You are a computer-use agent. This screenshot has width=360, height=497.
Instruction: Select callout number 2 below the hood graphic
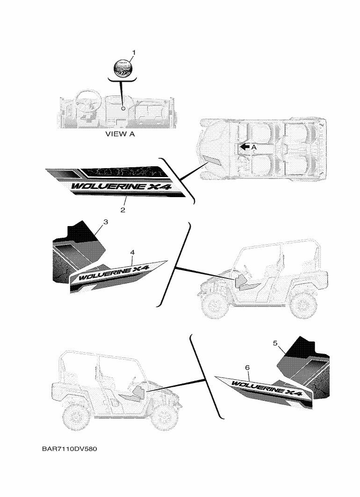click(122, 210)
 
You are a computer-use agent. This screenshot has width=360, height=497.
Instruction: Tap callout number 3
click(106, 222)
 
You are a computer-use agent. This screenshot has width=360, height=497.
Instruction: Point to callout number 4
click(133, 252)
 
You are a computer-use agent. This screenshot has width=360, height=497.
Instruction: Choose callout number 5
click(275, 343)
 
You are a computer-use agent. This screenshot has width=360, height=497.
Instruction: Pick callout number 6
click(247, 368)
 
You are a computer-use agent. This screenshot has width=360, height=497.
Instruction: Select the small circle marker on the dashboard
click(122, 108)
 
